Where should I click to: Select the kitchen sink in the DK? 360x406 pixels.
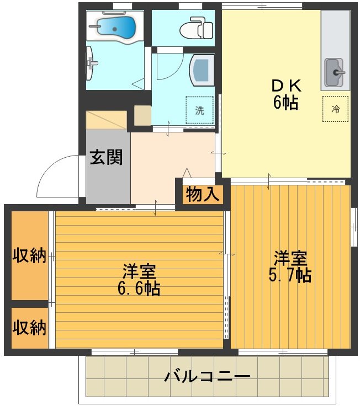pos(334,72)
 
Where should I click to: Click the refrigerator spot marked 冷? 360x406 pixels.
pos(335,109)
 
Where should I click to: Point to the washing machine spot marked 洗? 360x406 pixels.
pos(199,110)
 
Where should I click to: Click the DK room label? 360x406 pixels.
pos(285,86)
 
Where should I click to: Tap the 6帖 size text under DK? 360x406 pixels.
pos(285,103)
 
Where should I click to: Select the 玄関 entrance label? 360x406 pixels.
pos(107,157)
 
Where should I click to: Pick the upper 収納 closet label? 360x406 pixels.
pos(29,257)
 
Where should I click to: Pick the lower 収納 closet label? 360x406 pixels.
pos(29,327)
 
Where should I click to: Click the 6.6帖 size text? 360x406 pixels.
pos(139,289)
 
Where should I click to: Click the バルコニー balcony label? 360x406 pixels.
pos(207,377)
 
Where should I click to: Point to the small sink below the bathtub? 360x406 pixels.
pos(92,63)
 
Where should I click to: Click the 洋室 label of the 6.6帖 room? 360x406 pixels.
pos(139,271)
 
